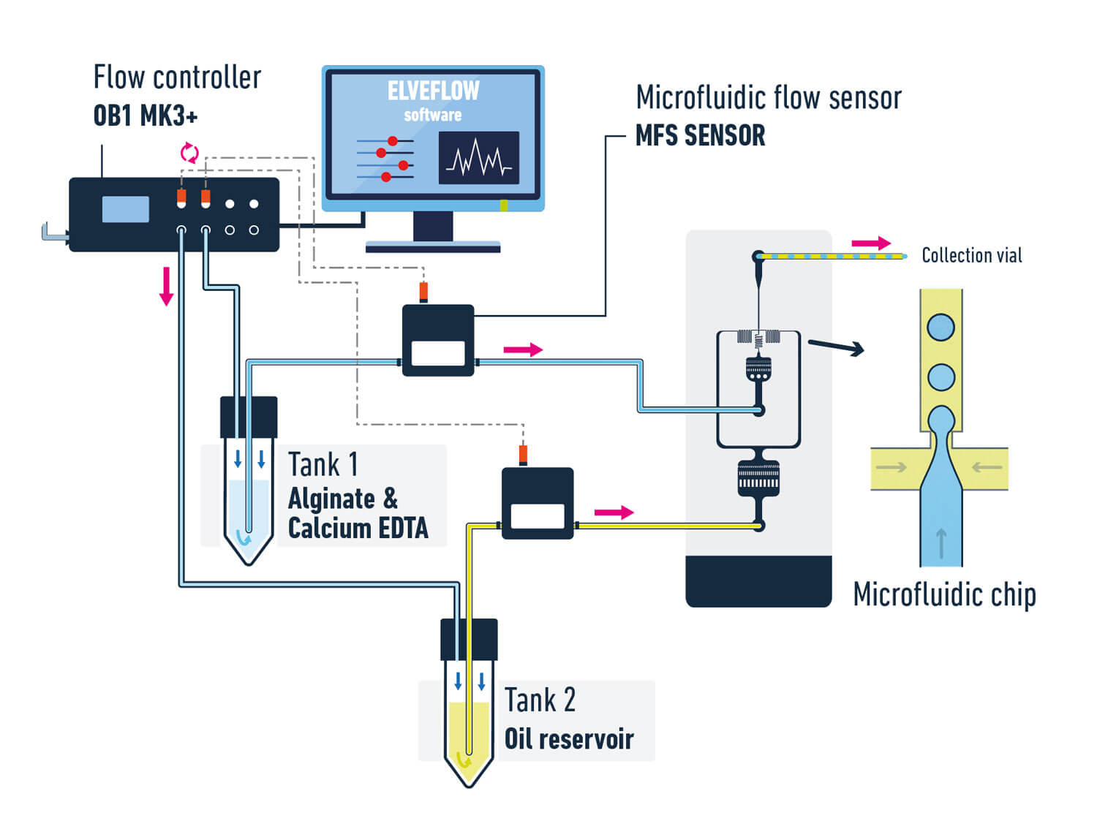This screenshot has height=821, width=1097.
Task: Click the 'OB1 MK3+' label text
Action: tap(145, 116)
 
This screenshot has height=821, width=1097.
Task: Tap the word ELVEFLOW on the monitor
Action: tap(433, 91)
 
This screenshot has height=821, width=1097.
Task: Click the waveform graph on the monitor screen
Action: tap(479, 158)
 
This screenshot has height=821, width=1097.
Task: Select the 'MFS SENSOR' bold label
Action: tap(700, 136)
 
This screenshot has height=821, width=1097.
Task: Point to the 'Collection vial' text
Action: tap(971, 255)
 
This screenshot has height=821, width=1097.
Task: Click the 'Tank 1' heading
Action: tap(323, 464)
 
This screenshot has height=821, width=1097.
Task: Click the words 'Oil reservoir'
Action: tap(569, 738)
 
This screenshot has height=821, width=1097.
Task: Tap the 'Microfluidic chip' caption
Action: tap(944, 594)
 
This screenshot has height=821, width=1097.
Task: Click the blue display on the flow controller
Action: tap(126, 209)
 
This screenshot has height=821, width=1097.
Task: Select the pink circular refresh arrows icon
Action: tap(189, 153)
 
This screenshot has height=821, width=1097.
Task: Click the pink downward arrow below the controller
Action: tap(167, 286)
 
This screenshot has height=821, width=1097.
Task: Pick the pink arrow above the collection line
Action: tap(871, 243)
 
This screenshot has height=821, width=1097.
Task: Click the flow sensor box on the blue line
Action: tap(438, 341)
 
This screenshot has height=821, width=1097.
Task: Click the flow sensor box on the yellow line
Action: tap(538, 504)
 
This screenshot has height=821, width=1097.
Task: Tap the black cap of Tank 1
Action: tap(249, 417)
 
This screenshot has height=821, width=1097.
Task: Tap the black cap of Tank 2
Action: tap(469, 639)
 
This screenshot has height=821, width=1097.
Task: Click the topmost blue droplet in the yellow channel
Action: tap(940, 327)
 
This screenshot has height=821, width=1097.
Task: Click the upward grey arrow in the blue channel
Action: tap(941, 544)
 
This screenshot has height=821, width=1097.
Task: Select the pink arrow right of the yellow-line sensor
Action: tap(614, 512)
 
